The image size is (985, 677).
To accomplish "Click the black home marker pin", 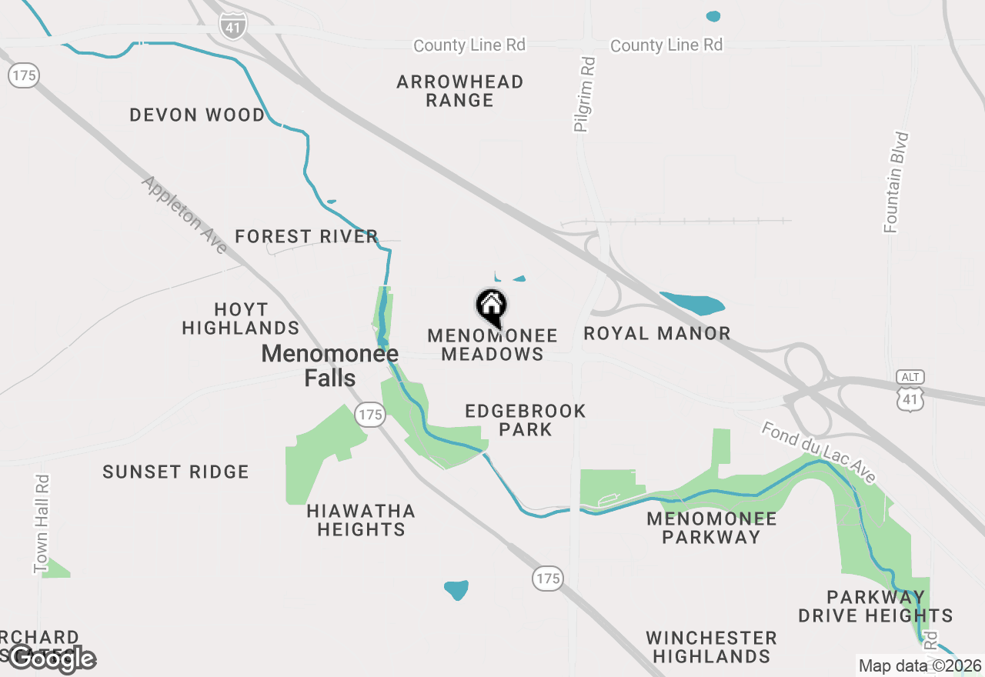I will pyautogui.click(x=491, y=308).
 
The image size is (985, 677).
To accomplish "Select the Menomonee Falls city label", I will pyautogui.click(x=330, y=365).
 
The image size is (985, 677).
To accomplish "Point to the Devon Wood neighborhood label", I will pyautogui.click(x=197, y=115).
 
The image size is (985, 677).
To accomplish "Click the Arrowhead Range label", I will pyautogui.click(x=460, y=91).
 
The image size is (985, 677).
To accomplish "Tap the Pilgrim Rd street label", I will pyautogui.click(x=585, y=94).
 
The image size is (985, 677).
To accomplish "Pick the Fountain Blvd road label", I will pyautogui.click(x=897, y=182).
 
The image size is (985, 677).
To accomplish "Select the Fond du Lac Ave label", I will pyautogui.click(x=818, y=452).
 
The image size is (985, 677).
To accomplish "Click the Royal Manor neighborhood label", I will pyautogui.click(x=657, y=333).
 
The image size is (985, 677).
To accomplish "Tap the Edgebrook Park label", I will pyautogui.click(x=526, y=420).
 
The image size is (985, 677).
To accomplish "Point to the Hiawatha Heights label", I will pyautogui.click(x=361, y=520).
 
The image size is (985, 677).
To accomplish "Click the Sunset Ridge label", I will pyautogui.click(x=175, y=472).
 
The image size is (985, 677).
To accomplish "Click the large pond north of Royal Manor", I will pyautogui.click(x=693, y=304).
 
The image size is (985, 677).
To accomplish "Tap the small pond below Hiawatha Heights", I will pyautogui.click(x=456, y=590).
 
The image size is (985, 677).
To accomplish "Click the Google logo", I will pyautogui.click(x=52, y=658).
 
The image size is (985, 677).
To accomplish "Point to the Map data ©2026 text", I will pyautogui.click(x=920, y=665).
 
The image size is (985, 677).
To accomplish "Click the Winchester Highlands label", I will pyautogui.click(x=711, y=647).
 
